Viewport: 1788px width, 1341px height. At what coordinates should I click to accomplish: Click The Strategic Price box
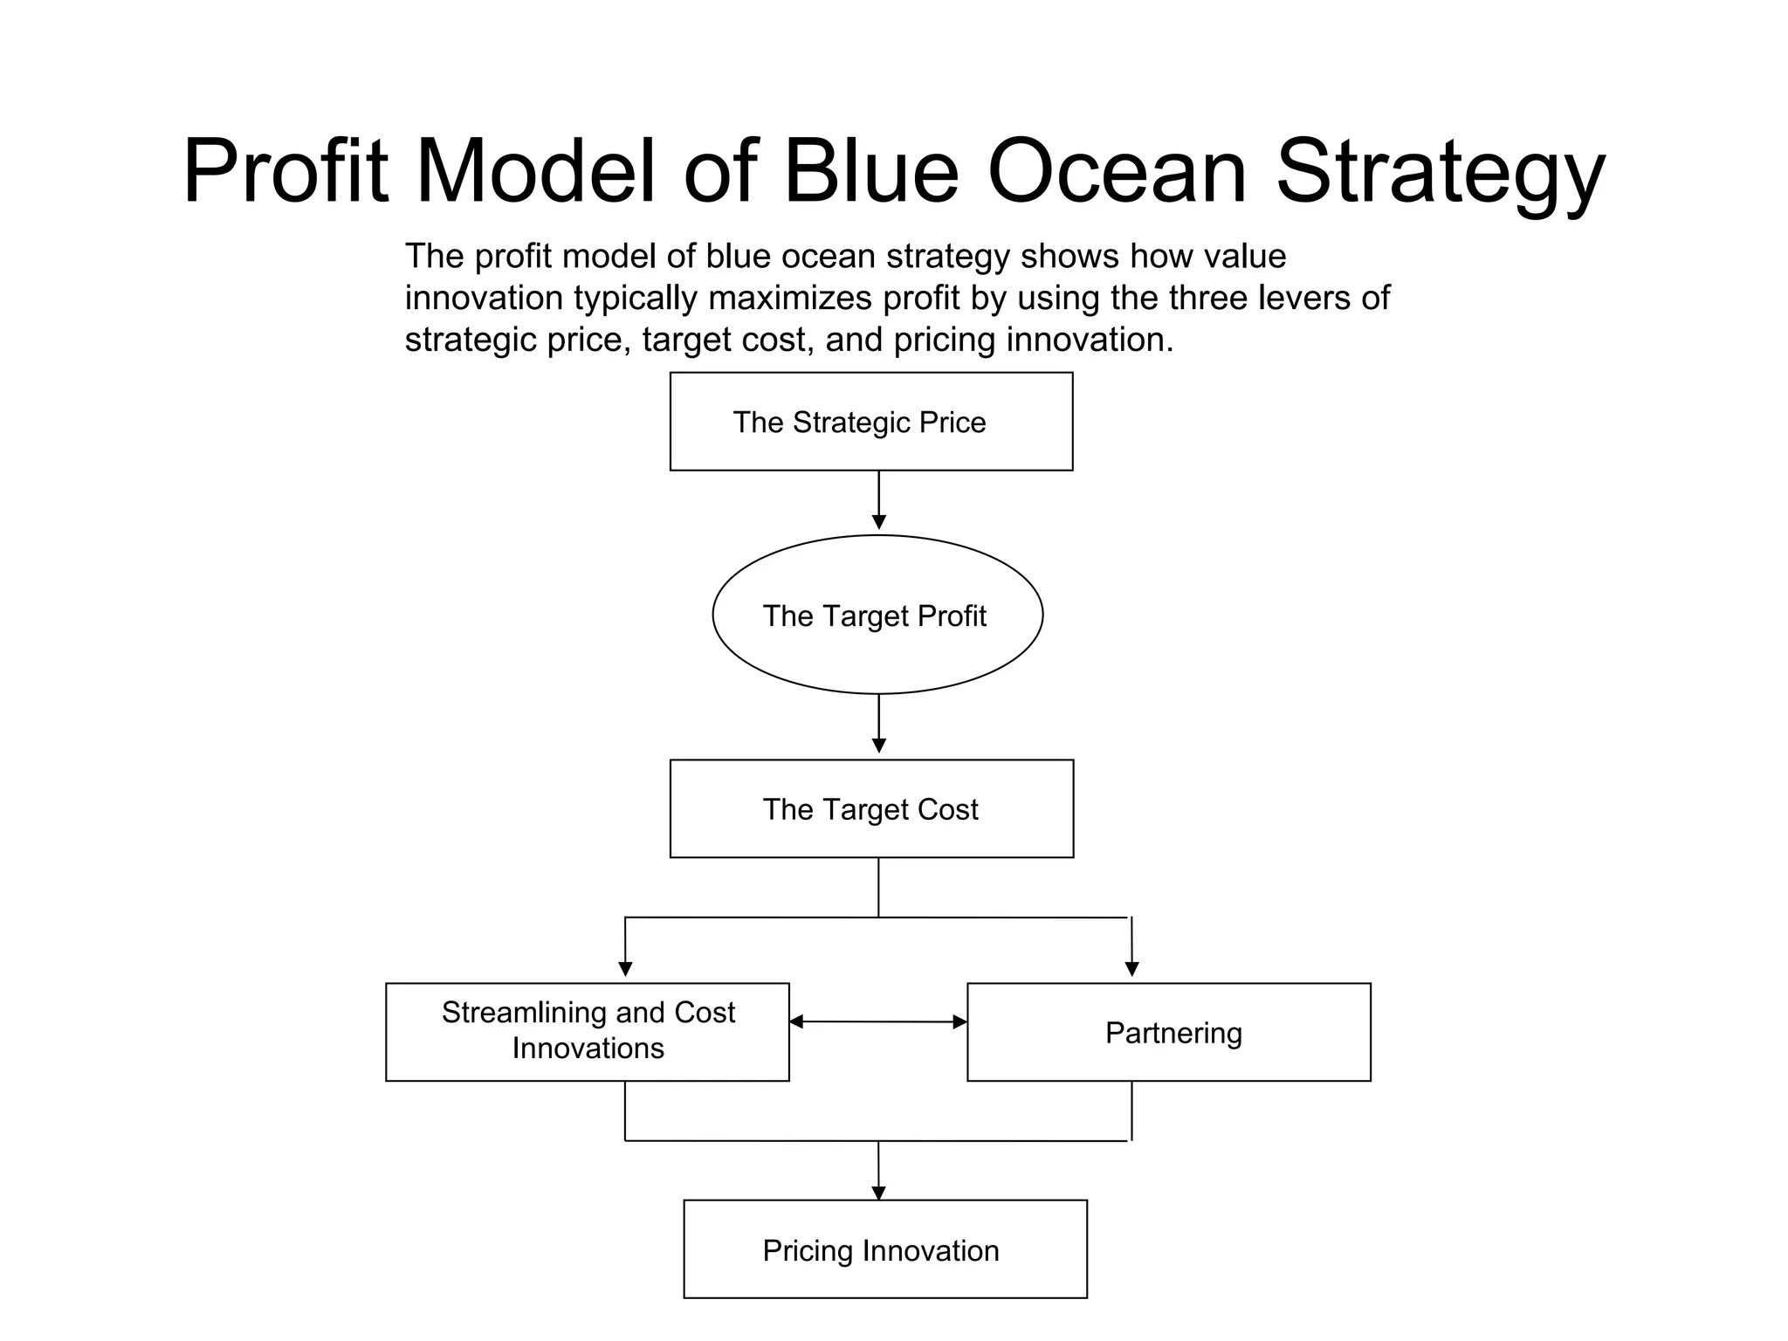(870, 422)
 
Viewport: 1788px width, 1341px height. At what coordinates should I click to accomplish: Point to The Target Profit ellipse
(877, 615)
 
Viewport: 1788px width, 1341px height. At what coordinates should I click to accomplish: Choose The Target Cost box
(870, 809)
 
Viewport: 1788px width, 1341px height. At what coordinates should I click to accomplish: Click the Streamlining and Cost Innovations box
(587, 1032)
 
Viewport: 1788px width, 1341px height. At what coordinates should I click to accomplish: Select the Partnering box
(1168, 1033)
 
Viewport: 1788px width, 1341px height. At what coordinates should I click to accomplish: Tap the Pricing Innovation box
(884, 1249)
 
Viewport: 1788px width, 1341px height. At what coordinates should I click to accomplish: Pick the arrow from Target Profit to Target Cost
(878, 724)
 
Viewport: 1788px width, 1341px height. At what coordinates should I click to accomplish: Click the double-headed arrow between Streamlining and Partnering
(877, 1021)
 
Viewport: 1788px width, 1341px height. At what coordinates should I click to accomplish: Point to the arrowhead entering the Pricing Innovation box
(878, 1192)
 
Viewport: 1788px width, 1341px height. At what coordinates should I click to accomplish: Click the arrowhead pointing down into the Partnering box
(1131, 968)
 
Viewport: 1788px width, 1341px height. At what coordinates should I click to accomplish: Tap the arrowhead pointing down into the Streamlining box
(625, 968)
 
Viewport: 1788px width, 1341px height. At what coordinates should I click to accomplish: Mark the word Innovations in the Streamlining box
(588, 1049)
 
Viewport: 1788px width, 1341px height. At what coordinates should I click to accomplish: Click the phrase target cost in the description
(723, 340)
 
